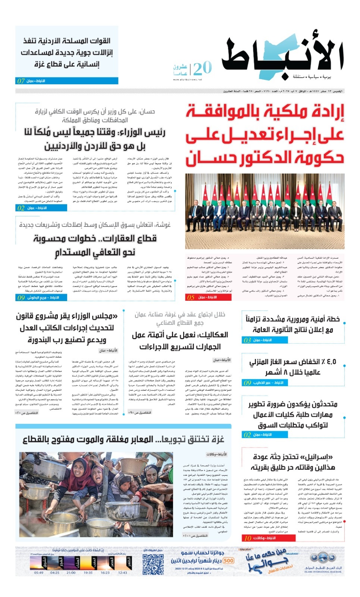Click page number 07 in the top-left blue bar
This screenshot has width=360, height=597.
click(x=21, y=81)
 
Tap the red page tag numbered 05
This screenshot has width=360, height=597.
click(x=191, y=297)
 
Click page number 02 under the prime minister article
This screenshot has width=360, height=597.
click(x=21, y=208)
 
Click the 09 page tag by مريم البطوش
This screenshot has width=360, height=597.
click(x=21, y=297)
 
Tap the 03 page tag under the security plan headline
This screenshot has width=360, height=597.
click(x=247, y=340)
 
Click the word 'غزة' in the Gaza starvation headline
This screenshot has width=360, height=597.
click(x=215, y=440)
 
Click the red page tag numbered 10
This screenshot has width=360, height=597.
click(x=248, y=538)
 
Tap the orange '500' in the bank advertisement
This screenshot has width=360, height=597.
click(x=229, y=561)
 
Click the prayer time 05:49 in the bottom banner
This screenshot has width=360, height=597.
click(x=39, y=572)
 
